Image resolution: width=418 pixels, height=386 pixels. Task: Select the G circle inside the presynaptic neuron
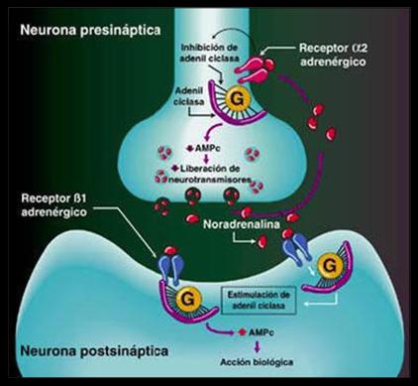[240, 101]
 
